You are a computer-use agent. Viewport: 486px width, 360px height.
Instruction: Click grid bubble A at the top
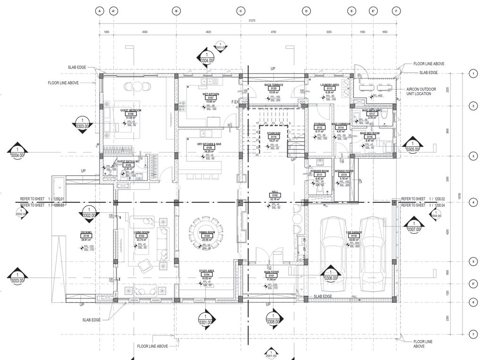99,11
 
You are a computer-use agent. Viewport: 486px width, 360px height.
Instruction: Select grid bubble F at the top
396,11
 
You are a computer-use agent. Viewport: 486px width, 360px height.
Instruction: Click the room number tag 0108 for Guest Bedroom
131,114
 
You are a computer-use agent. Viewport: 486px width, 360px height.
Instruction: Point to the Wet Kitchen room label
210,94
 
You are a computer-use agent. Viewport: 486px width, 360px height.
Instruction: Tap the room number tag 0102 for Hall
274,195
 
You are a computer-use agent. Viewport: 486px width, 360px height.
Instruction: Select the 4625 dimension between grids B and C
208,32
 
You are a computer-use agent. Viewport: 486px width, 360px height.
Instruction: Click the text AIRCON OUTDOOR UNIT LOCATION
421,92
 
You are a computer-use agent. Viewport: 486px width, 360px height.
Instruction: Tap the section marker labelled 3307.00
413,226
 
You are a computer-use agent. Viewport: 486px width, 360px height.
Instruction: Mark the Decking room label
86,232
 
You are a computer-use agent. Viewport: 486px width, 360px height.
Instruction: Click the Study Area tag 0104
206,275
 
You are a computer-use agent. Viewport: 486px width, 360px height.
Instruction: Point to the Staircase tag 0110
274,137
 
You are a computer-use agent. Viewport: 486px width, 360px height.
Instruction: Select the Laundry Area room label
330,85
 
